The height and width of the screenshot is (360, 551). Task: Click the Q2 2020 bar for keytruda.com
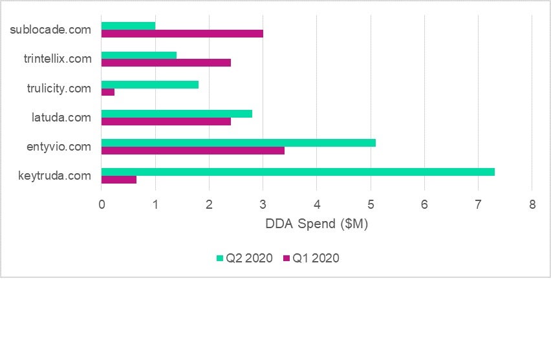click(x=298, y=172)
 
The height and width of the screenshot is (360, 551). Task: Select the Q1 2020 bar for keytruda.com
click(x=119, y=180)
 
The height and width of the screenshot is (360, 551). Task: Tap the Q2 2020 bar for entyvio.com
click(x=239, y=143)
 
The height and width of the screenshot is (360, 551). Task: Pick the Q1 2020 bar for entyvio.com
click(x=193, y=151)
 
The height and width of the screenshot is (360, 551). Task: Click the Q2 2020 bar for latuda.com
click(x=177, y=114)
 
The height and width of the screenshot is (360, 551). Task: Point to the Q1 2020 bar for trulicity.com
click(x=108, y=92)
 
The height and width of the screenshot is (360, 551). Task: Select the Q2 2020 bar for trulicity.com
click(x=150, y=84)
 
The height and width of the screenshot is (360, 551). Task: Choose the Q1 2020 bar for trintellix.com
click(x=166, y=63)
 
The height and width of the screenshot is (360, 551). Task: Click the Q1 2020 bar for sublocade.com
click(x=182, y=34)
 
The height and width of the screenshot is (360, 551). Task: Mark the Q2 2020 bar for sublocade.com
click(x=129, y=26)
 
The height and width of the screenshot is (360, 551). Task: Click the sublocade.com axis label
click(x=51, y=30)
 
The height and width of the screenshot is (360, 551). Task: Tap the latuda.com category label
click(x=61, y=118)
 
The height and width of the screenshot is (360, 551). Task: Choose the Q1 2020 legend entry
click(x=311, y=259)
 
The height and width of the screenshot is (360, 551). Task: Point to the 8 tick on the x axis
click(x=532, y=205)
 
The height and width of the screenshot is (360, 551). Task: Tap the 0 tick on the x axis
click(x=102, y=205)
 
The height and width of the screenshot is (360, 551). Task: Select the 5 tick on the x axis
click(x=371, y=205)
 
